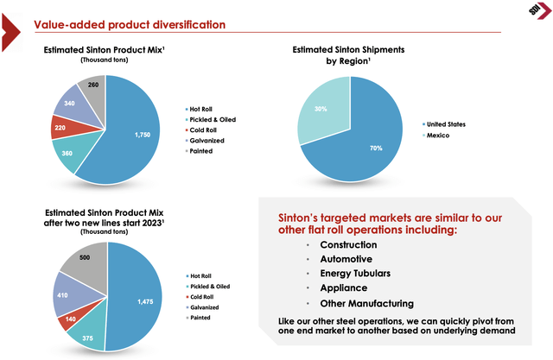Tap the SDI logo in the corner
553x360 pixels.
536,15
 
